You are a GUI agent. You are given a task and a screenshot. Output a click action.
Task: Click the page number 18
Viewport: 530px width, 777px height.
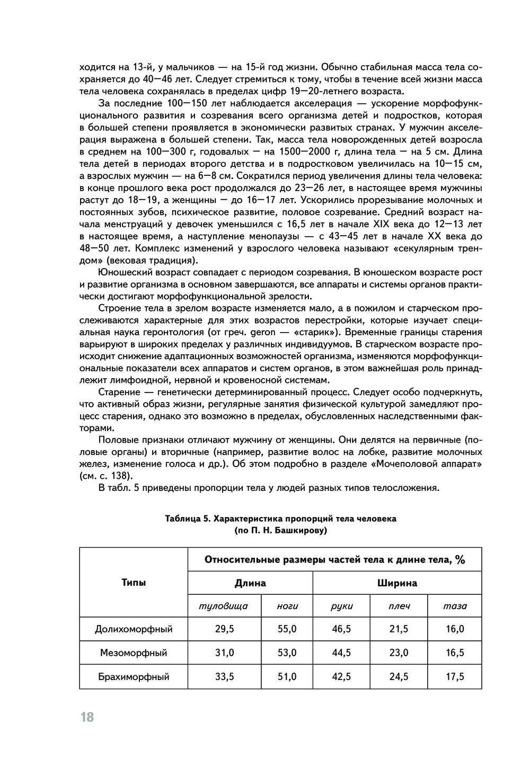click(x=87, y=717)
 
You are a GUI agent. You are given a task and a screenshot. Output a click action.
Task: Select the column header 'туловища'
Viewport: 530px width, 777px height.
click(x=223, y=606)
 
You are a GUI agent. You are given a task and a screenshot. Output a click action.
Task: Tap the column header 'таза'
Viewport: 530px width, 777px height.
click(x=455, y=606)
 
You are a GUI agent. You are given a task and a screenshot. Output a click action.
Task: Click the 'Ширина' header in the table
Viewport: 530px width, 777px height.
click(x=397, y=583)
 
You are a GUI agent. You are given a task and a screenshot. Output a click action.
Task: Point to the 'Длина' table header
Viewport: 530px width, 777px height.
click(x=250, y=583)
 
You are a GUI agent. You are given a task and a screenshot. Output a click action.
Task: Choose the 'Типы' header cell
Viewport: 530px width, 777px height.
click(x=134, y=583)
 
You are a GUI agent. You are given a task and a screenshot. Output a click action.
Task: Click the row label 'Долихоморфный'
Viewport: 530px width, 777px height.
click(x=134, y=629)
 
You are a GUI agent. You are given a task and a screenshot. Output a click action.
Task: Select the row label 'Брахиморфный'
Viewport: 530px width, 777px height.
click(x=134, y=676)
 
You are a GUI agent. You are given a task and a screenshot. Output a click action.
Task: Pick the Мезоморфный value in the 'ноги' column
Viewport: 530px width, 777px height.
click(x=287, y=653)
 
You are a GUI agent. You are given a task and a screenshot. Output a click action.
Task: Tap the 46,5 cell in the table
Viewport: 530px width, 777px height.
click(x=341, y=629)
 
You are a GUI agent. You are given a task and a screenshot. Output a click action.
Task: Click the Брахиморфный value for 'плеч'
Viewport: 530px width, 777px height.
click(x=399, y=676)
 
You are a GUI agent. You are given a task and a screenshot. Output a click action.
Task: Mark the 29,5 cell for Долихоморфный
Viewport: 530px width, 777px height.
click(x=224, y=629)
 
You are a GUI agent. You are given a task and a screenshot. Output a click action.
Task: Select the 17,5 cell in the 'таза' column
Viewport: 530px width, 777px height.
click(x=455, y=676)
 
